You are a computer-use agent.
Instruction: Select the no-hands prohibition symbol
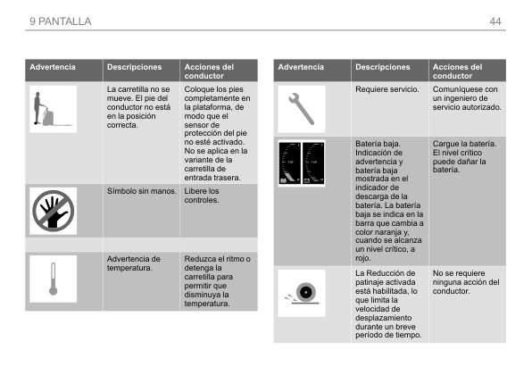52,210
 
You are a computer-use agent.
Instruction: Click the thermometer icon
52,280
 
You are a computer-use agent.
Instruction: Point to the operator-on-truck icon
52,110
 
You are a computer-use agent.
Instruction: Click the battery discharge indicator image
301,163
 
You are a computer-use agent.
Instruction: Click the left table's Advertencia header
53,67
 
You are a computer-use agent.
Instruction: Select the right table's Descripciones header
382,67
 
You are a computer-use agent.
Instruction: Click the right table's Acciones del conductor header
457,71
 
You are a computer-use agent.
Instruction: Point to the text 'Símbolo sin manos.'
139,191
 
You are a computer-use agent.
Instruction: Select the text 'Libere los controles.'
203,196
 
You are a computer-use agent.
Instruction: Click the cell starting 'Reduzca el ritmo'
218,281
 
